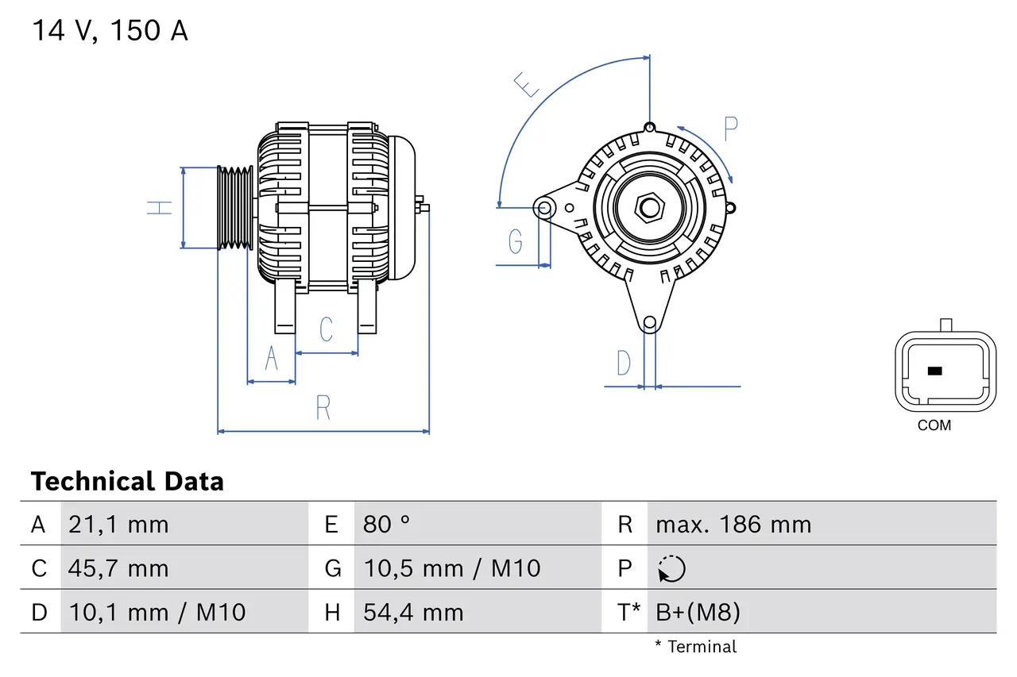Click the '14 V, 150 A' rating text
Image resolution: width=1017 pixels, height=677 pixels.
point(110,31)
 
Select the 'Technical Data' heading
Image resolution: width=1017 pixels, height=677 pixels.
point(127,482)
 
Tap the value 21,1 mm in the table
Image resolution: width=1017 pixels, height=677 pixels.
point(118,525)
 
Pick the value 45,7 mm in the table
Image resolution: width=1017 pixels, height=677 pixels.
point(118,568)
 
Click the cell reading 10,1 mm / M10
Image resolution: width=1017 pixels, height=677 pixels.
point(157,612)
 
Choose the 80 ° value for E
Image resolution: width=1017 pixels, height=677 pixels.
point(387,525)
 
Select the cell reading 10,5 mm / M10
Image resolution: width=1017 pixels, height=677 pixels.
point(451,568)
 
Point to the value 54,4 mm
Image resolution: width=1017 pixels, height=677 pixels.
point(413,612)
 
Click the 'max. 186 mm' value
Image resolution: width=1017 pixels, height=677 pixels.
point(733,525)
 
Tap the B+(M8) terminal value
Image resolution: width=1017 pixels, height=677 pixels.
point(698,612)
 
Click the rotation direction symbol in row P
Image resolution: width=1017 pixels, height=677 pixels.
point(671,569)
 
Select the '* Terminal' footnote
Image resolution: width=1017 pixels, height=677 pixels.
point(696,647)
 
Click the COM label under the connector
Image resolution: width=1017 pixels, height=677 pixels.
point(934,425)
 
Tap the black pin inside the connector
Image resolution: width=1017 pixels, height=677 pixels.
point(934,371)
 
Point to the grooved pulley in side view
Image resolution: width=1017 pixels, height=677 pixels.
point(235,208)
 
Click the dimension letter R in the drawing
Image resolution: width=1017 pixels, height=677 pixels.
point(323,408)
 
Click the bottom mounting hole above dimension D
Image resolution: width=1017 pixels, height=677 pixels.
point(650,322)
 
